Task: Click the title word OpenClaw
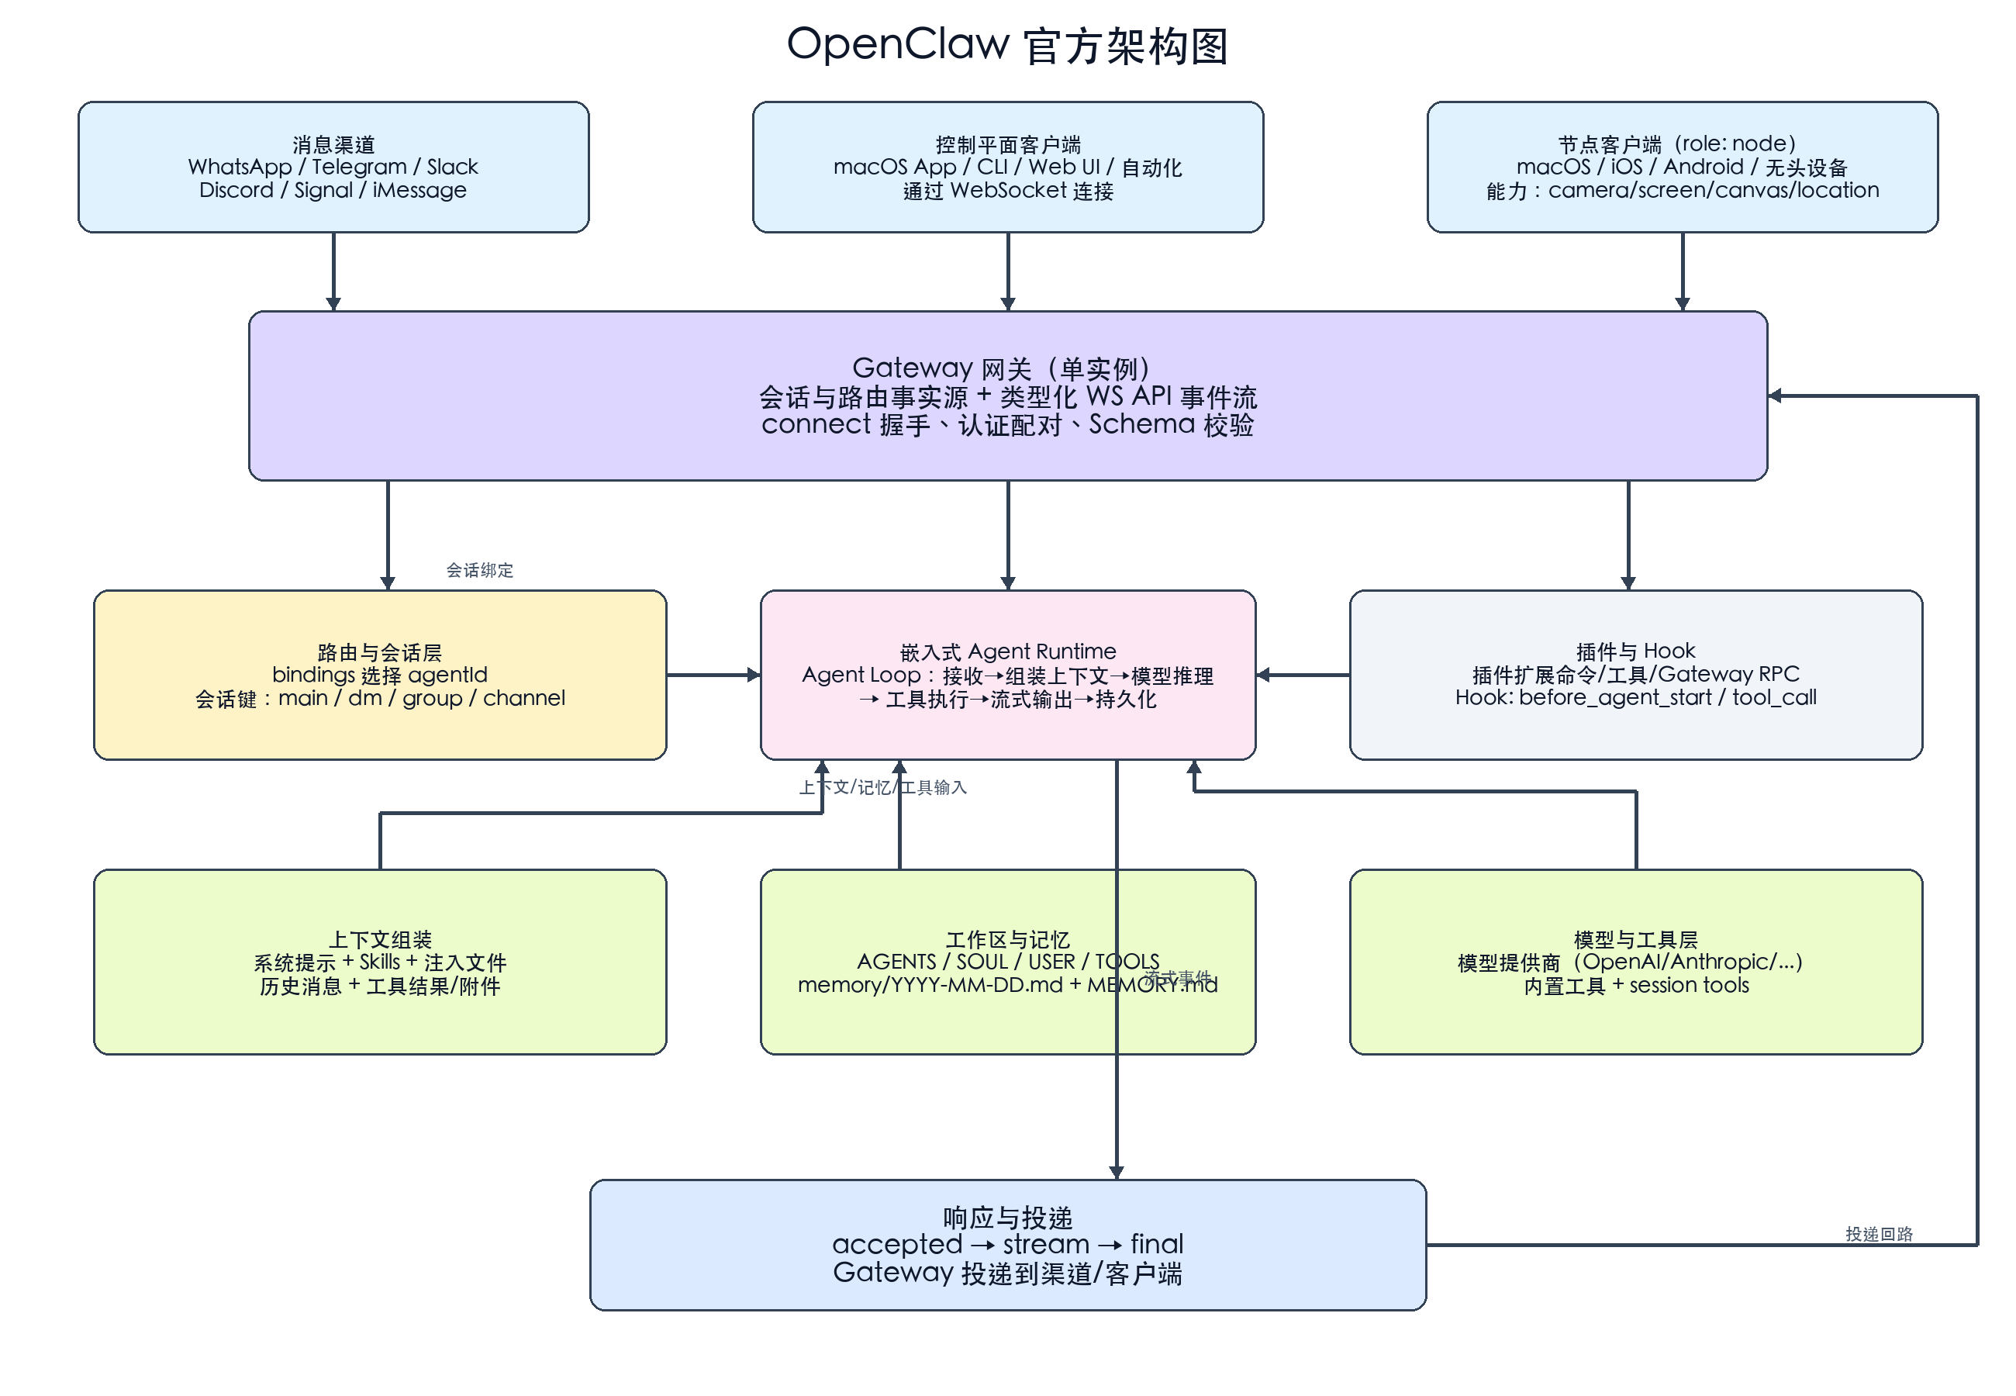tap(897, 43)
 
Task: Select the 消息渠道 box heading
tap(333, 143)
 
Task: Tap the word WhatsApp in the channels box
tap(239, 166)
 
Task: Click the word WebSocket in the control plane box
tap(1008, 191)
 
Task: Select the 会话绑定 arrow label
tap(479, 570)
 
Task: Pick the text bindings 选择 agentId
tap(379, 676)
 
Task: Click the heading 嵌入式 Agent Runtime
tap(1007, 651)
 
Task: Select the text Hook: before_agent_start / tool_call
tap(1635, 698)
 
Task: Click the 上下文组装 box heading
tap(379, 939)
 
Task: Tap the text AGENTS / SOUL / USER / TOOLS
tap(1007, 962)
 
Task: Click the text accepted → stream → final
tap(1007, 1244)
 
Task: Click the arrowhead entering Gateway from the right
tap(1775, 396)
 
